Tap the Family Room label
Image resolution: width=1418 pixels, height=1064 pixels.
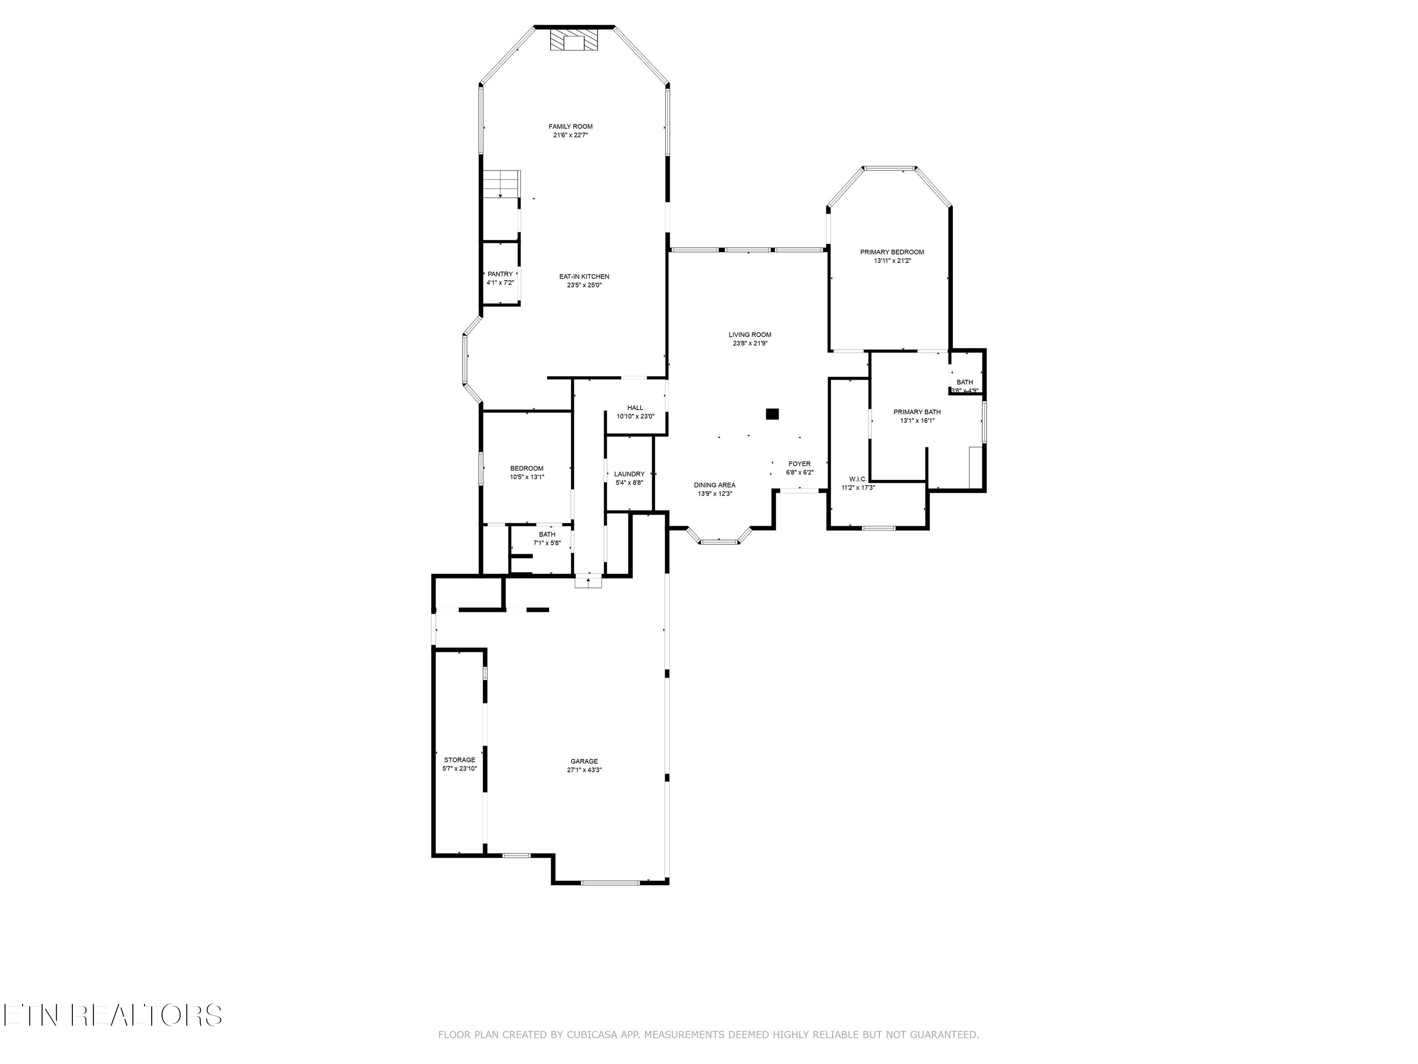(x=571, y=126)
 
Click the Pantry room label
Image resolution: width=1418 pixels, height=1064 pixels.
(x=500, y=274)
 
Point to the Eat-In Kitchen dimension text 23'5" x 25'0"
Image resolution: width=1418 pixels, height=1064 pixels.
(x=584, y=286)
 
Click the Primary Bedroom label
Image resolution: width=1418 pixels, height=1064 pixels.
(x=892, y=252)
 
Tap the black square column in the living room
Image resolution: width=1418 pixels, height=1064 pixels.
(x=772, y=414)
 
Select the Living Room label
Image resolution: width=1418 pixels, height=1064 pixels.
(x=749, y=335)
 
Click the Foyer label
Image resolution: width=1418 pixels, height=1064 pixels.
(x=799, y=464)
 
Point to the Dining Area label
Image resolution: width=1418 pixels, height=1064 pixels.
(x=714, y=485)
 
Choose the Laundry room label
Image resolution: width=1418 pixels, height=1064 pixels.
(x=629, y=474)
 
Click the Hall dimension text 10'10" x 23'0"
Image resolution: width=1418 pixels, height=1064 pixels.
(x=635, y=416)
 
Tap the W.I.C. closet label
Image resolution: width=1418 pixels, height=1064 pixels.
(x=858, y=479)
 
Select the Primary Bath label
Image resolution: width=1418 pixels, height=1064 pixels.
(x=917, y=412)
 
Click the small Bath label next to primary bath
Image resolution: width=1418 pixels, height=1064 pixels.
(x=964, y=382)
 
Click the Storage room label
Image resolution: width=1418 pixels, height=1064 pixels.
(x=459, y=760)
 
